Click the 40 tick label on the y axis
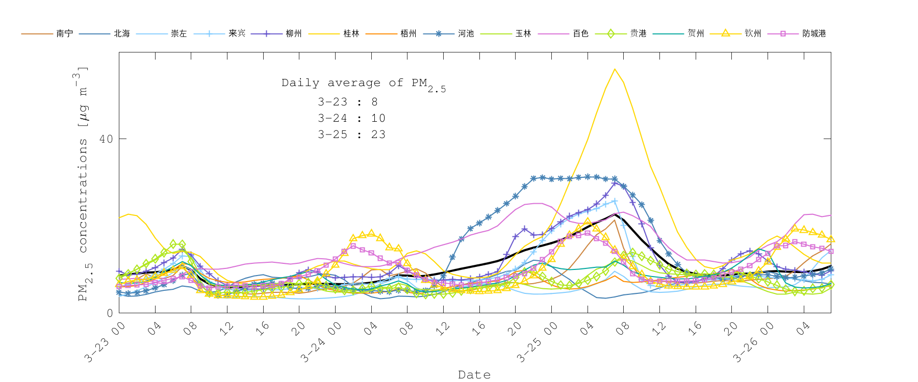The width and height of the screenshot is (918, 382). [x=106, y=139]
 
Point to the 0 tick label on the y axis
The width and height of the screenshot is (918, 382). [x=110, y=313]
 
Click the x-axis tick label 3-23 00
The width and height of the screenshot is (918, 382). [x=105, y=343]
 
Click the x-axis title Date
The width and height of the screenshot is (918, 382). [x=474, y=375]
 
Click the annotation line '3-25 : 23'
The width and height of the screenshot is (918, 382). [x=351, y=134]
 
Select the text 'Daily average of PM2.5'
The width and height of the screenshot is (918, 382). [x=363, y=84]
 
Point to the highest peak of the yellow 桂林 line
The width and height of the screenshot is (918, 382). [x=615, y=69]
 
